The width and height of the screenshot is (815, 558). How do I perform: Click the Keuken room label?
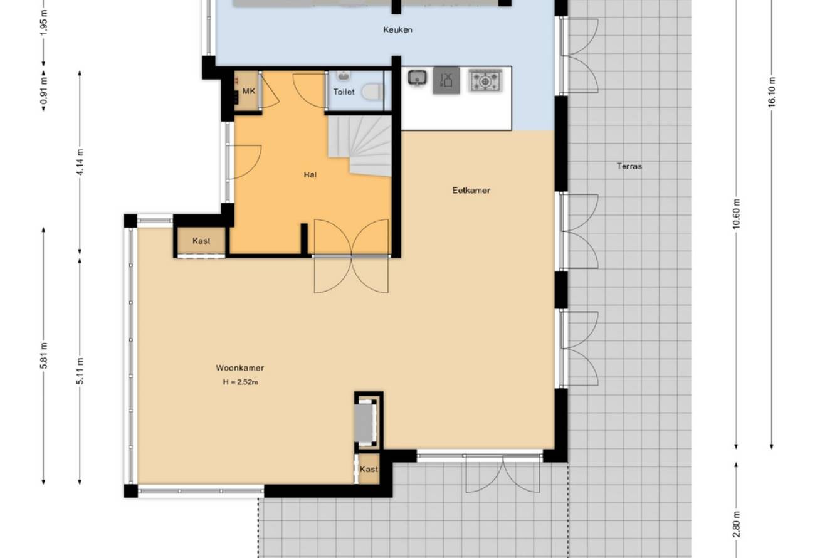[x=397, y=30]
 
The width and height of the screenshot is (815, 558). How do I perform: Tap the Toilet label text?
[x=344, y=92]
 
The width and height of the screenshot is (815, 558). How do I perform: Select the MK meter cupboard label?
[x=249, y=91]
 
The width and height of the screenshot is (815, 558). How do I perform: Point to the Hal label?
[x=310, y=175]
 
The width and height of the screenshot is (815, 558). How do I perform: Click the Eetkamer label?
[x=471, y=190]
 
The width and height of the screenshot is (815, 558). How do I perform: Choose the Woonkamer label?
[x=239, y=368]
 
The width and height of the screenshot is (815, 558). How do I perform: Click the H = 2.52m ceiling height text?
[x=241, y=382]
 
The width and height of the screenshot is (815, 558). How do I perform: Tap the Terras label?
[x=629, y=166]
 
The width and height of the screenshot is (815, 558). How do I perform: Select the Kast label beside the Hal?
[x=201, y=241]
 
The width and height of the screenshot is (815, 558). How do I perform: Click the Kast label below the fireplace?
[x=369, y=469]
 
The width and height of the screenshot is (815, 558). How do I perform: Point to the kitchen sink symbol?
[x=417, y=78]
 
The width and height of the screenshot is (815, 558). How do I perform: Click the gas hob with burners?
[x=485, y=80]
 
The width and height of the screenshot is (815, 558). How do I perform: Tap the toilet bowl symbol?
[x=372, y=92]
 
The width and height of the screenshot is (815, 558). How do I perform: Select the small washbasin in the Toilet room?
[x=343, y=76]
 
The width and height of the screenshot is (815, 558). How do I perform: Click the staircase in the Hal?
[x=360, y=146]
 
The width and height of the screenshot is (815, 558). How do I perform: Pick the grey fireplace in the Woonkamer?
[x=366, y=422]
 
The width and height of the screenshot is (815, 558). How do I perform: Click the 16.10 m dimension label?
[x=772, y=92]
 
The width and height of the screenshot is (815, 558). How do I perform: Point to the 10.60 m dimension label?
[x=737, y=214]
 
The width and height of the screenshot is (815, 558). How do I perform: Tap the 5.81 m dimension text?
[x=44, y=355]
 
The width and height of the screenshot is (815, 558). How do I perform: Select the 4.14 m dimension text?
[x=80, y=162]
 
